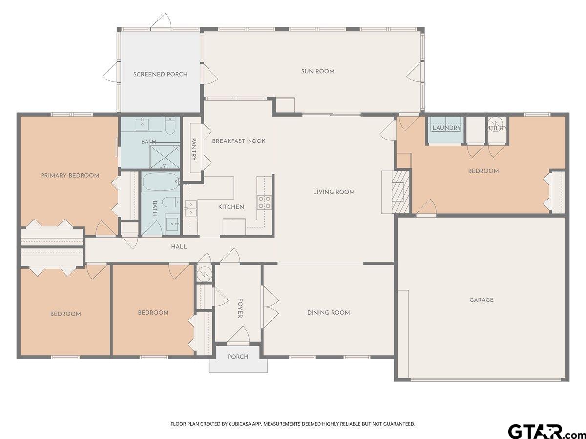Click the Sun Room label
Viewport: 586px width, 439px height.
(318, 71)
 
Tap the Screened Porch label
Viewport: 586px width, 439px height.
(160, 74)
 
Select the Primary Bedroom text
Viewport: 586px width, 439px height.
(70, 176)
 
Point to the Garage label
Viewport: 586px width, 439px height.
(481, 300)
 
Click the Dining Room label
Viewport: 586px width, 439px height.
(328, 313)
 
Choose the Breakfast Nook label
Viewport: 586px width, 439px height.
(239, 141)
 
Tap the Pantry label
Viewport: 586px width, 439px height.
(194, 149)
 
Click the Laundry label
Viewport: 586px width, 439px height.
(446, 128)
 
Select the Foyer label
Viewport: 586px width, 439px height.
(240, 308)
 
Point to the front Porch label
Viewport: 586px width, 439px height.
(238, 357)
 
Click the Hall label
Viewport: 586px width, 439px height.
(179, 247)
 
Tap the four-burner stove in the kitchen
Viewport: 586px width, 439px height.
(264, 202)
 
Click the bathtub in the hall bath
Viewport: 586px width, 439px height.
(161, 181)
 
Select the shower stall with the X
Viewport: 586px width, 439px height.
(165, 157)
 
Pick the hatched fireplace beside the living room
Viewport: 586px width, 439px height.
(400, 192)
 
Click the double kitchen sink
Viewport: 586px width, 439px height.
(190, 208)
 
